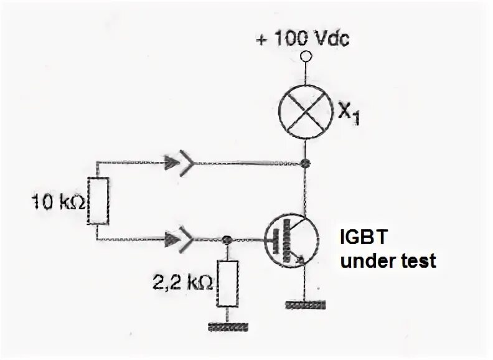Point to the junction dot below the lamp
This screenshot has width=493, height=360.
pyautogui.click(x=305, y=163)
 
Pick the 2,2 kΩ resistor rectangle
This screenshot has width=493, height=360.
pyautogui.click(x=227, y=284)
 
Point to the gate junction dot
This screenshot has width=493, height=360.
pyautogui.click(x=227, y=239)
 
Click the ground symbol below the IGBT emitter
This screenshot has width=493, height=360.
pyautogui.click(x=305, y=305)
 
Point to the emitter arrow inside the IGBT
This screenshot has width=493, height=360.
pyautogui.click(x=299, y=259)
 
